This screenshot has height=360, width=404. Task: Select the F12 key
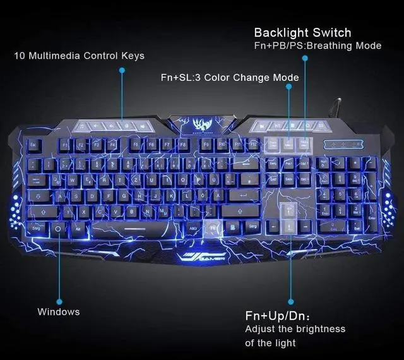click(x=252, y=145)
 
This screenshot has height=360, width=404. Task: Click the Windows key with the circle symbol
click(x=58, y=228)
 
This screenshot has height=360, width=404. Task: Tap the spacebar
click(x=133, y=227)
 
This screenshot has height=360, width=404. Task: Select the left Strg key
click(x=36, y=228)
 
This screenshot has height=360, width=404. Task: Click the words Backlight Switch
click(x=302, y=32)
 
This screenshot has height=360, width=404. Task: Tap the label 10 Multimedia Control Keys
click(x=79, y=56)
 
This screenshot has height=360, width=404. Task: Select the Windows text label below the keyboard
click(x=59, y=311)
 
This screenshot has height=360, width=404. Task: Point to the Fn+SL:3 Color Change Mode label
click(x=230, y=78)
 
